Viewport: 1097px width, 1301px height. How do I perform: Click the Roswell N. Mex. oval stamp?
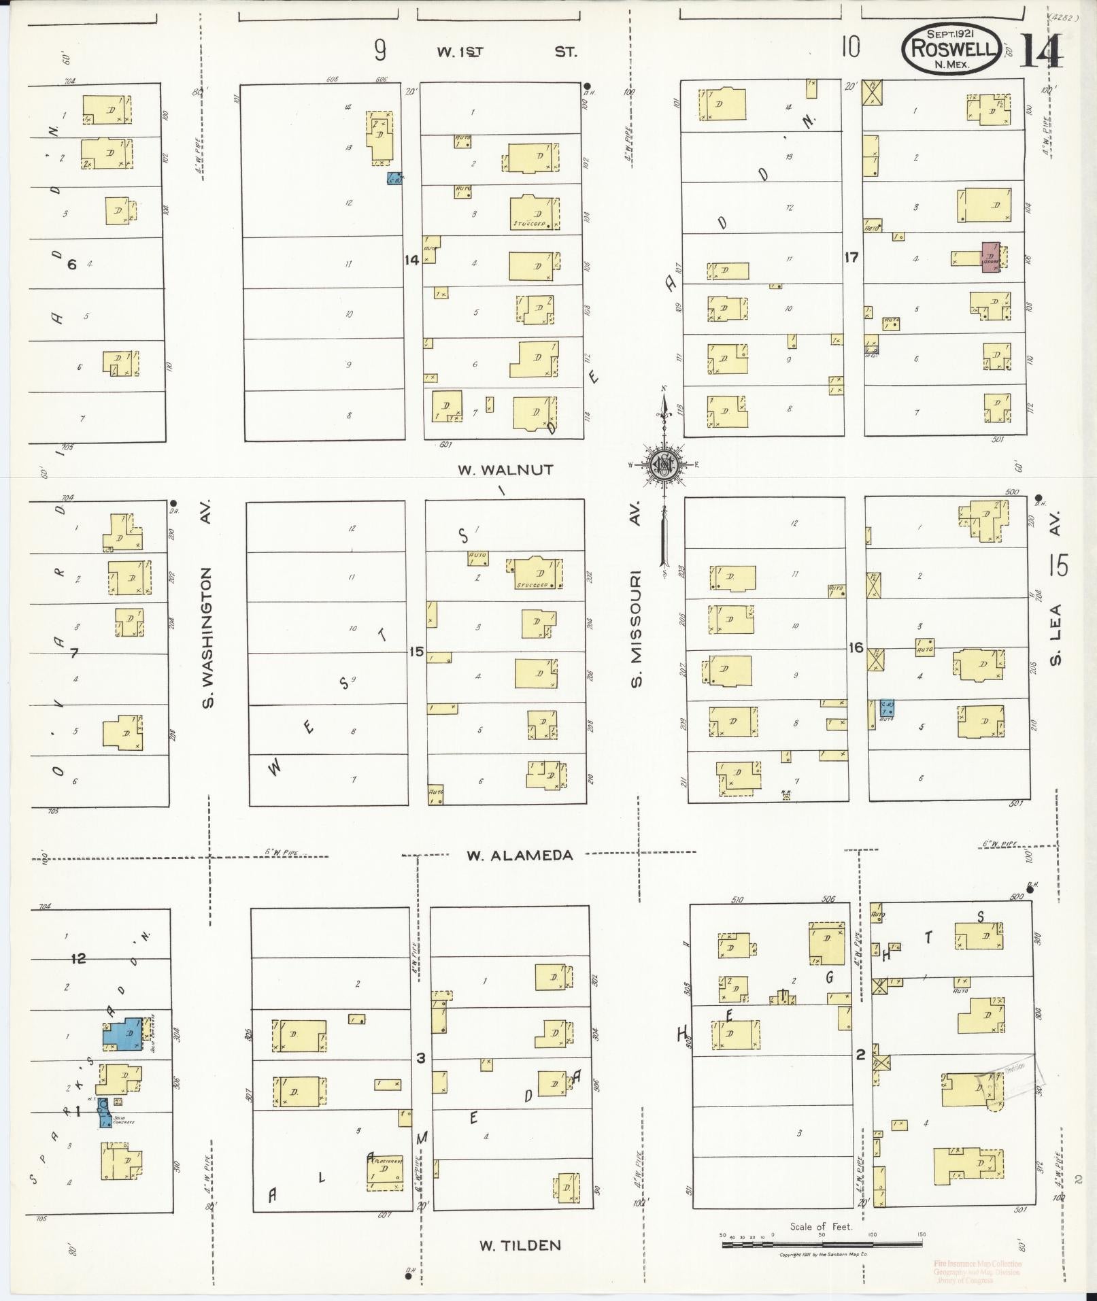point(951,48)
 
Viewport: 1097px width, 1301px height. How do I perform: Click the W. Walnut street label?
point(505,469)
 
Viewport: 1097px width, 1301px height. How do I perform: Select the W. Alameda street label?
point(520,856)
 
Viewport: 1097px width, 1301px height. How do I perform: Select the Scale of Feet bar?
point(820,1244)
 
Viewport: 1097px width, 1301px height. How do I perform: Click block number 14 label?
point(411,259)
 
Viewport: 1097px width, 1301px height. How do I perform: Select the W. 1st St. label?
point(507,52)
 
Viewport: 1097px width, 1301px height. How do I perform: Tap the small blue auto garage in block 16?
point(887,708)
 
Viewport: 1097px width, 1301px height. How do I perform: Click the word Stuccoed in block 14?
point(531,224)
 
